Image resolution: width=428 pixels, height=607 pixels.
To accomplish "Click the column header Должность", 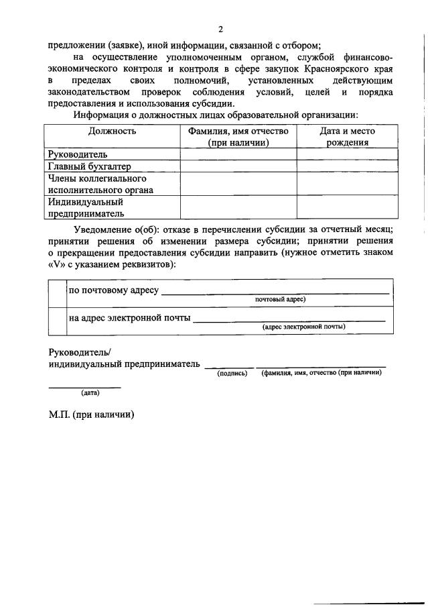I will click(112, 131).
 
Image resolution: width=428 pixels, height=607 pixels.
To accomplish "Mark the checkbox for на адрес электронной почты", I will click(56, 321).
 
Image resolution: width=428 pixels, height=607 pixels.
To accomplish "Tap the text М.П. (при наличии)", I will click(92, 415).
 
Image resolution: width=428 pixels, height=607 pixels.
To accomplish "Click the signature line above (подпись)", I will click(229, 366).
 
